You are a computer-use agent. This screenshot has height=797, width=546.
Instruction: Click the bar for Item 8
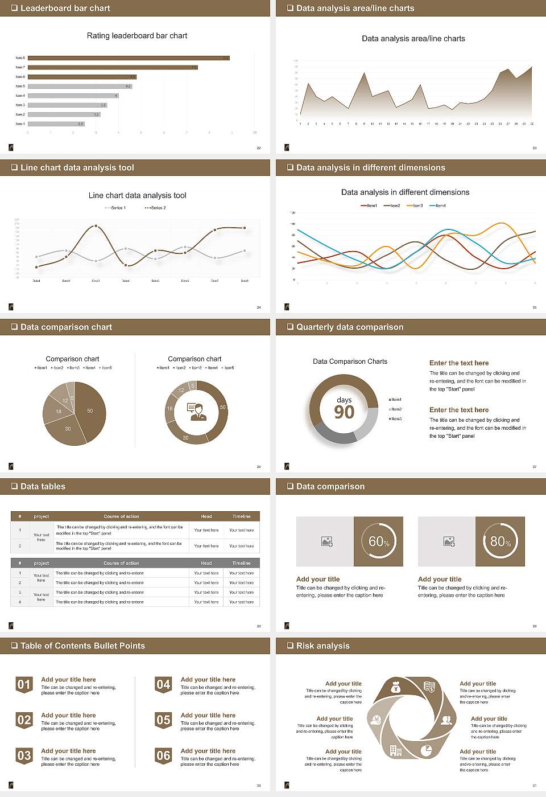pos(129,58)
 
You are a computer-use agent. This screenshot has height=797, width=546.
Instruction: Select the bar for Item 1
pos(56,124)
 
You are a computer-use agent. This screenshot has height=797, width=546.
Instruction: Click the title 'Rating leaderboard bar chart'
pos(136,36)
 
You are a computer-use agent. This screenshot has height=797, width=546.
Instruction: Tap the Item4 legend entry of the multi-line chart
pos(437,206)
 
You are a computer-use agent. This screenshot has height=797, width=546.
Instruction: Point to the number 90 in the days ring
pos(344,412)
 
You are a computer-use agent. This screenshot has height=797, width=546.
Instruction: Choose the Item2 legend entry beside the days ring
pos(395,409)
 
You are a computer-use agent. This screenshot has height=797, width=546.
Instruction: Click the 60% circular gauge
pos(379,541)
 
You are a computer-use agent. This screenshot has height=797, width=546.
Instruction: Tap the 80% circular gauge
pos(500,541)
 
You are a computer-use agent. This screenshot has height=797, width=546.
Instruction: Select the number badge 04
pos(163,685)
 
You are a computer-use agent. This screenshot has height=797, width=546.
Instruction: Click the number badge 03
pos(24,756)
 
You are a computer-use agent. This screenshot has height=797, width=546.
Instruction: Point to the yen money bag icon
pos(396,689)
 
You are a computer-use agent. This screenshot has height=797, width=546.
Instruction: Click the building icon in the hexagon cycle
pos(396,751)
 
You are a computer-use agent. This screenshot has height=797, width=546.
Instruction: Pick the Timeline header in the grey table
pos(241,563)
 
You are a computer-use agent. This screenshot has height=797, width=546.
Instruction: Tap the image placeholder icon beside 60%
pos(326,541)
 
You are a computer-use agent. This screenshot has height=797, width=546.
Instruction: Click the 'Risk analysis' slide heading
pos(322,646)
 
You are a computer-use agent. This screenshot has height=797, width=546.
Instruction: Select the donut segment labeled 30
pos(186,438)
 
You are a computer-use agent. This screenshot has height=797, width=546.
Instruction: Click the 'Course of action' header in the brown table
pos(121,516)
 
